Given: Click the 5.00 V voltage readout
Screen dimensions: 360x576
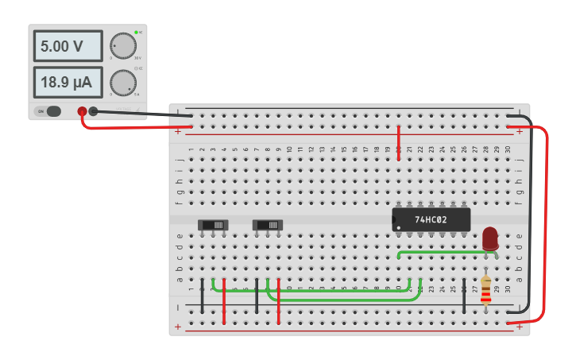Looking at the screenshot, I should (68, 46).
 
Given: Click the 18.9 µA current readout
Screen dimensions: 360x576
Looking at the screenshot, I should (68, 81).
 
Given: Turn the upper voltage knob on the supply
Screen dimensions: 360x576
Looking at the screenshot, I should (122, 46).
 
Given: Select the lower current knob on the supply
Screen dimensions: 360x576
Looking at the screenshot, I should (122, 82).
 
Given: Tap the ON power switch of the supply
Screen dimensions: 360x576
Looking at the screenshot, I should (48, 111).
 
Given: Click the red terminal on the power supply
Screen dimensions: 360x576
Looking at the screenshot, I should (82, 112).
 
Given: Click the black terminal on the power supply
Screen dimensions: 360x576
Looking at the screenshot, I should (93, 111).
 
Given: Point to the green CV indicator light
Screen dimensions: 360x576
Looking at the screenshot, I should (136, 33).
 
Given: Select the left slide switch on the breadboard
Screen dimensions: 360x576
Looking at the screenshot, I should (213, 225).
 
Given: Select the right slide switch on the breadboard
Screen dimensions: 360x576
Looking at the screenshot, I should (268, 225).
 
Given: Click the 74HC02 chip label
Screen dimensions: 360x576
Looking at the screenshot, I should (431, 219).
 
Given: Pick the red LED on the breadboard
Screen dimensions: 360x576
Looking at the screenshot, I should (490, 238).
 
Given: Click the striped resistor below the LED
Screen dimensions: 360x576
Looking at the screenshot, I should (485, 290).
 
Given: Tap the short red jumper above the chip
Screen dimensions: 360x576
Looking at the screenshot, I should (398, 141).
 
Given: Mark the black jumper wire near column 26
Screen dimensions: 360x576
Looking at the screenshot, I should (464, 296).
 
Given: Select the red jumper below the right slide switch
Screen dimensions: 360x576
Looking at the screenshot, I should (279, 302).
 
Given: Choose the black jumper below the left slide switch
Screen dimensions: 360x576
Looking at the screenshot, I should (203, 296).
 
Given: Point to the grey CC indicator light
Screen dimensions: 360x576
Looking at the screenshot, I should (136, 68).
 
